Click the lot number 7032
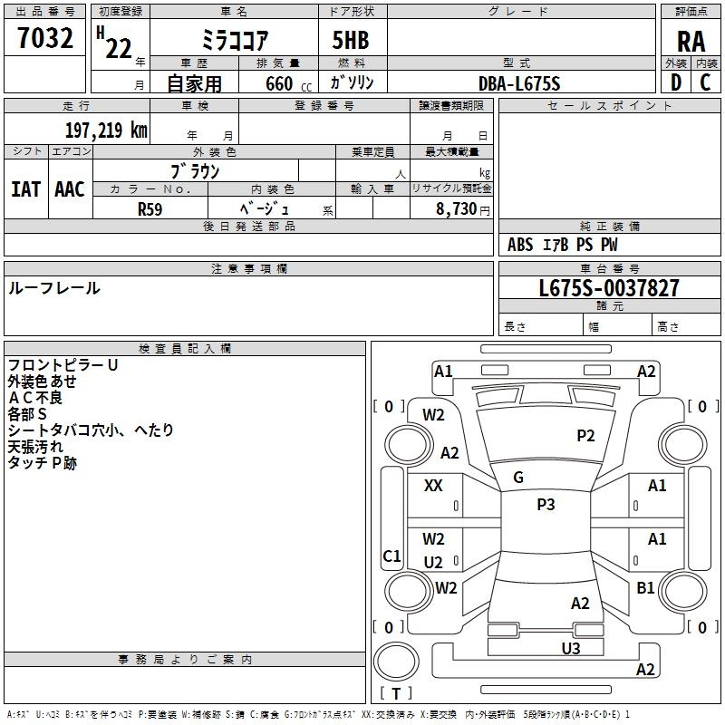coord(45,39)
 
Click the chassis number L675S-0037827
coord(608,288)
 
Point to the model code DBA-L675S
coord(519,83)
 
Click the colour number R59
coord(150,208)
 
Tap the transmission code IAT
coord(25,189)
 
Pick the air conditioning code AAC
coord(70,189)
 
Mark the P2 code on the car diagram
coord(585,436)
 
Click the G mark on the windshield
coord(518,478)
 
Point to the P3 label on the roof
coord(546,505)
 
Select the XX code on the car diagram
coord(433,486)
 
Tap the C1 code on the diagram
coord(391,556)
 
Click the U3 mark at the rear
coord(570,648)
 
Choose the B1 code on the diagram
coord(645,588)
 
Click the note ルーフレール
coord(54,288)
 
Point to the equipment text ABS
coord(520,245)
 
